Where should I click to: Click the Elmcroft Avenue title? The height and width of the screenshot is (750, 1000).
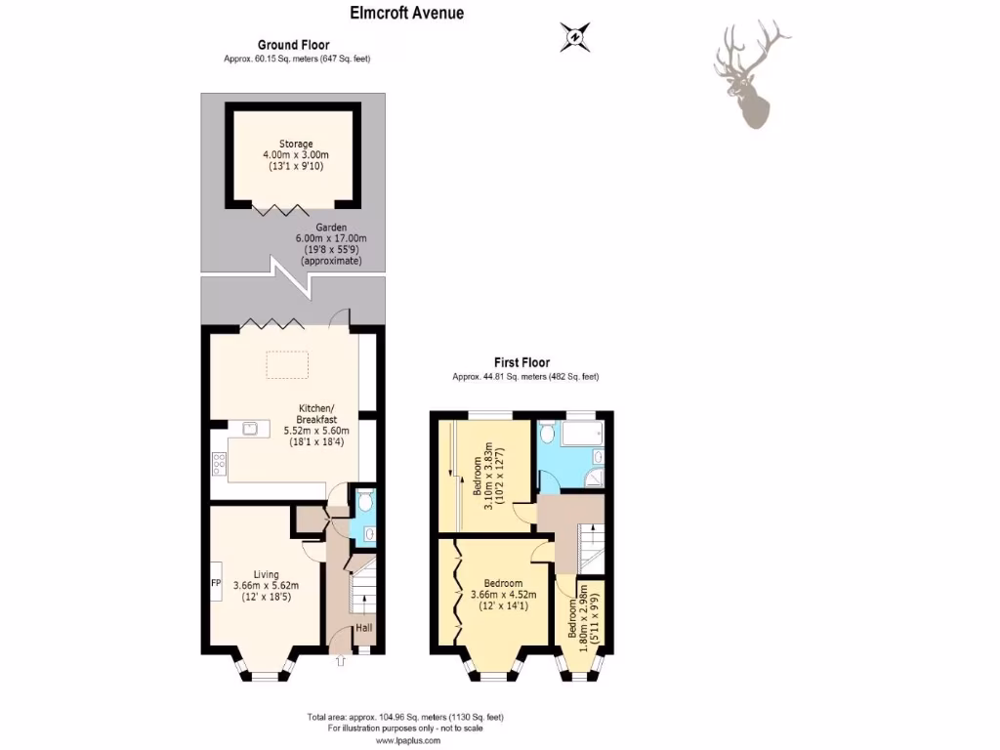pyautogui.click(x=407, y=13)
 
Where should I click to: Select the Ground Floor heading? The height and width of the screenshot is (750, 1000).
pyautogui.click(x=293, y=45)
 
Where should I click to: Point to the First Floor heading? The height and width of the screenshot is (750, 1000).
pyautogui.click(x=521, y=363)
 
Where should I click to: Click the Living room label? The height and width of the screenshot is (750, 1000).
pyautogui.click(x=266, y=586)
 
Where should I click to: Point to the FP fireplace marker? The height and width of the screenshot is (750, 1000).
pyautogui.click(x=216, y=583)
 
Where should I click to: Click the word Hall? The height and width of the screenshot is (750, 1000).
pyautogui.click(x=363, y=628)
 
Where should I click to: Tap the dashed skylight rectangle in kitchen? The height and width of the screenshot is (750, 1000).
pyautogui.click(x=287, y=364)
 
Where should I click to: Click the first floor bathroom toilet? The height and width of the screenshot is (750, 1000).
pyautogui.click(x=548, y=432)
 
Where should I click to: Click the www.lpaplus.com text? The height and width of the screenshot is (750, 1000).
pyautogui.click(x=404, y=740)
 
